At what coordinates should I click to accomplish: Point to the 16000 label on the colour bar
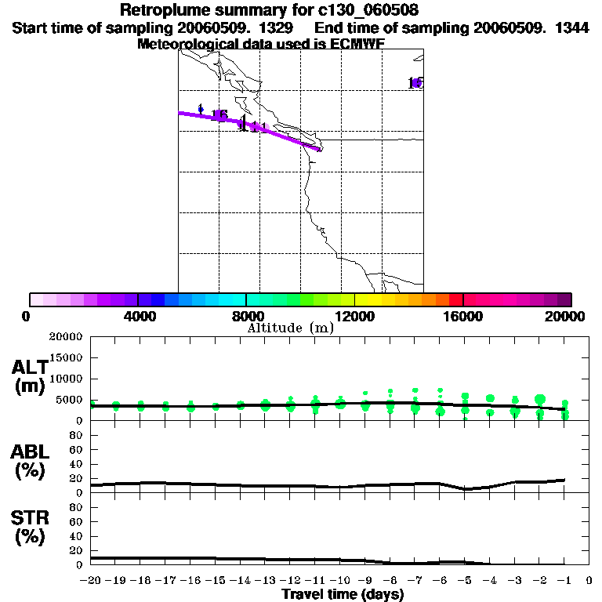462,316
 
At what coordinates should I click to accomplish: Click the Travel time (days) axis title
343,595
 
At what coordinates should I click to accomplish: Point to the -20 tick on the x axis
91,582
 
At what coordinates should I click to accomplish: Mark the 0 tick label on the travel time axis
589,582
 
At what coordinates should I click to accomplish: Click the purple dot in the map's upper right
416,83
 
